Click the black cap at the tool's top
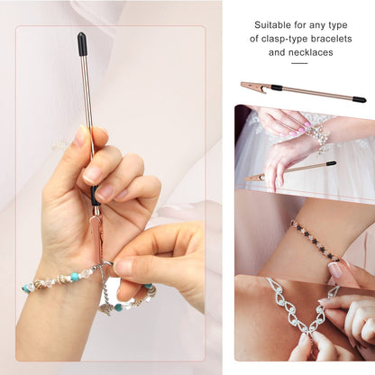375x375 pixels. tap(83, 43)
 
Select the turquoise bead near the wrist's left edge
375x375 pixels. tap(28, 288)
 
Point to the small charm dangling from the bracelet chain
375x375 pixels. tap(105, 306)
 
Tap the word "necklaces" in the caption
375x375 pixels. tap(308, 52)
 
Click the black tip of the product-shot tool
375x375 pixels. tap(359, 99)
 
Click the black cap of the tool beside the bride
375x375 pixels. tap(331, 164)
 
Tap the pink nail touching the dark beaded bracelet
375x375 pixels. tap(336, 268)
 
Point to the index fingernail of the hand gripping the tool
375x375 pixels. tap(81, 137)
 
